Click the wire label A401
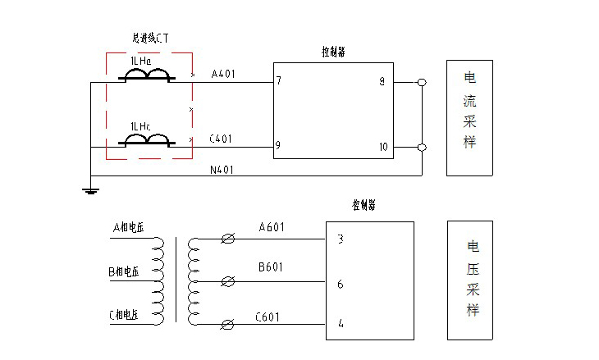coord(223,74)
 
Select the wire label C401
coord(221,139)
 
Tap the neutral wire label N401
coord(222,170)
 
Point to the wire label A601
coord(271,227)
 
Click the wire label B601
coord(271,267)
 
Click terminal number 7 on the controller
coord(279,81)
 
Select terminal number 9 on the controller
coord(279,146)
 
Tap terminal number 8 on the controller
coord(382,81)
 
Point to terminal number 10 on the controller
coord(382,147)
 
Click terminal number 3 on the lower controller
coord(340,239)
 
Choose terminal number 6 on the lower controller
coord(340,285)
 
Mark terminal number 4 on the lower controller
coord(341,324)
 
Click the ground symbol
coord(91,191)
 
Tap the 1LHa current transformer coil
coord(147,76)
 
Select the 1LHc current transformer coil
coord(147,140)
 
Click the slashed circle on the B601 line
coord(229,281)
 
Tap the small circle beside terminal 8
coord(422,83)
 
